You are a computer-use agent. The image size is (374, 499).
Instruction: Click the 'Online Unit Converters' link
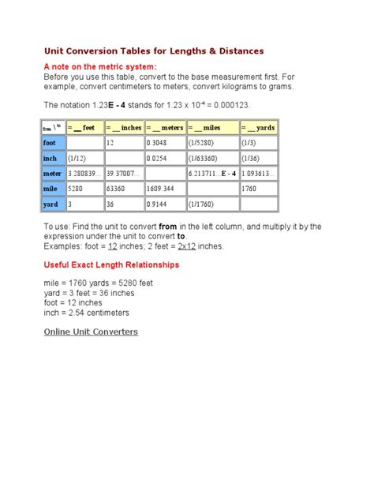[x=91, y=332]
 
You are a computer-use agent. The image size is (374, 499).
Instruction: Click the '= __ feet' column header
[x=84, y=127]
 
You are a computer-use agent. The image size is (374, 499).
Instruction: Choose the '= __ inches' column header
[x=124, y=127]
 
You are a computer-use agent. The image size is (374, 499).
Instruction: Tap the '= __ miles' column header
[x=211, y=127]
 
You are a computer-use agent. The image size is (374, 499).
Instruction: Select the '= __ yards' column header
[x=259, y=127]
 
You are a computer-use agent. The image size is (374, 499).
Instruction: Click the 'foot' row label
[x=51, y=143]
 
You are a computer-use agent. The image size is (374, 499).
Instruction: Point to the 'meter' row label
[x=53, y=173]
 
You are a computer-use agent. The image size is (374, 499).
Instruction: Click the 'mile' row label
[x=51, y=189]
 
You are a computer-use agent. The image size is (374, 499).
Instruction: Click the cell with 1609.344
[x=162, y=189]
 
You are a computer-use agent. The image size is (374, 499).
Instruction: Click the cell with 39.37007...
[x=122, y=173]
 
